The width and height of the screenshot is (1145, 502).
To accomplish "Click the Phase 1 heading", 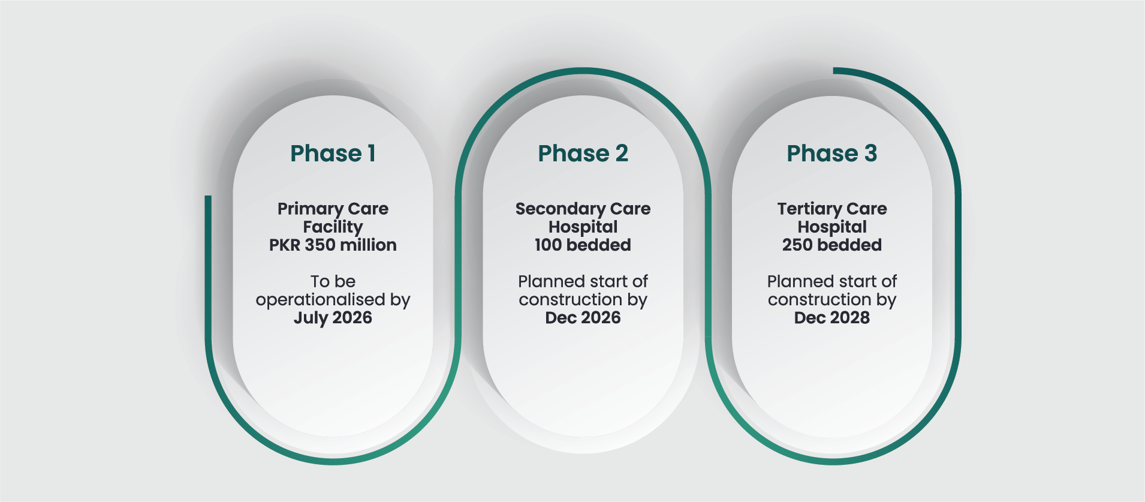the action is coord(333,154).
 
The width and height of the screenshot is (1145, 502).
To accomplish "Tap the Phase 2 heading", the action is coord(583,154).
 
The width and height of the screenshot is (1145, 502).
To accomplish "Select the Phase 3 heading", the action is coord(831,154).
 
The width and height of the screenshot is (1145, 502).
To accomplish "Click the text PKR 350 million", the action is coord(333,245).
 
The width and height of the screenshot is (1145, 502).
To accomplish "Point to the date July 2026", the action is coord(333,318).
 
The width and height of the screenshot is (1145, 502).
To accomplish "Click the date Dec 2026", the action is coord(583,317).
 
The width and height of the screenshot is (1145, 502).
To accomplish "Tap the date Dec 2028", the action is coord(831,317).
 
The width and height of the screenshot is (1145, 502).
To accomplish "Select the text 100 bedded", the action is coord(583,245).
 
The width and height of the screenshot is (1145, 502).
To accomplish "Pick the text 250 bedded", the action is coord(831,245).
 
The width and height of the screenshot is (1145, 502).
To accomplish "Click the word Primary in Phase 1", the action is coord(310,209).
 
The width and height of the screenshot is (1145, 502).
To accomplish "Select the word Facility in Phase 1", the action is coord(333,227).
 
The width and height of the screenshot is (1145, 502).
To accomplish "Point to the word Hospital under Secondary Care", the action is coord(583,227).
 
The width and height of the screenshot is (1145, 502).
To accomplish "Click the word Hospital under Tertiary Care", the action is coord(831,227).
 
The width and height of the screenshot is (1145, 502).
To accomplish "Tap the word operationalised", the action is coord(320,300).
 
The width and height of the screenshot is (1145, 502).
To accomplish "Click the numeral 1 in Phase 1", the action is coord(372,154).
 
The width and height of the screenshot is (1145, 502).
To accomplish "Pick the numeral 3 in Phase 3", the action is coord(870,154).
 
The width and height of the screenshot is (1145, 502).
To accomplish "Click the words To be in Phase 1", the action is coord(333,281).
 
